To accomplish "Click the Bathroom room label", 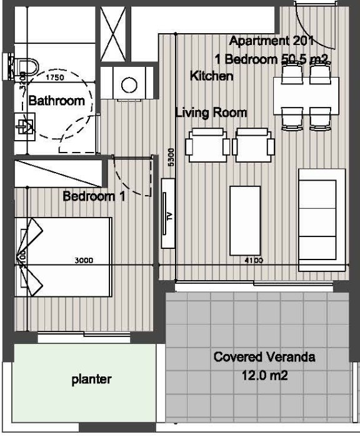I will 56,101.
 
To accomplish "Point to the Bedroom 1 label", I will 94,196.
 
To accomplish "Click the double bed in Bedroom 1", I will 62,256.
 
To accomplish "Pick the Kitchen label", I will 211,76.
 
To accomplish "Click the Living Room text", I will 211,113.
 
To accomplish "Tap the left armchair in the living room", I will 207,145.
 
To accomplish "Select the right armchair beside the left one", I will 254,145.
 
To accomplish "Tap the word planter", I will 91,379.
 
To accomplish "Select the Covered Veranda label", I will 264,358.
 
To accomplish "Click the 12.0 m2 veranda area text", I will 264,376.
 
